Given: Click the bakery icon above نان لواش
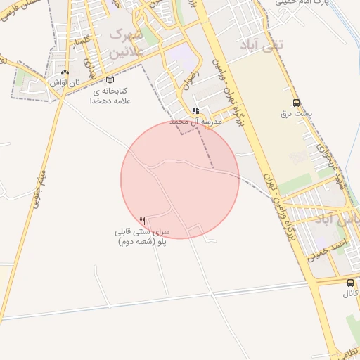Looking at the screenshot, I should point(65,72).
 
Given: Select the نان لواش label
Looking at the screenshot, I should point(62,82).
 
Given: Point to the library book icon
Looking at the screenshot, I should point(109,79).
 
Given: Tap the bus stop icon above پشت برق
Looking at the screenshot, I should point(295,103).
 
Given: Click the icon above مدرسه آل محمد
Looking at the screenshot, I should point(195,111).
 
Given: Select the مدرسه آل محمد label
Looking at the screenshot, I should point(195,122).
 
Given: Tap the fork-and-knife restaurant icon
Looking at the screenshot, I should point(143,221).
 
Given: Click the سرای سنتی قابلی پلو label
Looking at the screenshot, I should point(143,236).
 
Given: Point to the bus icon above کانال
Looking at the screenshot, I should point(350,282).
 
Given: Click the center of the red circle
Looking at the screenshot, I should point(180,179).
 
